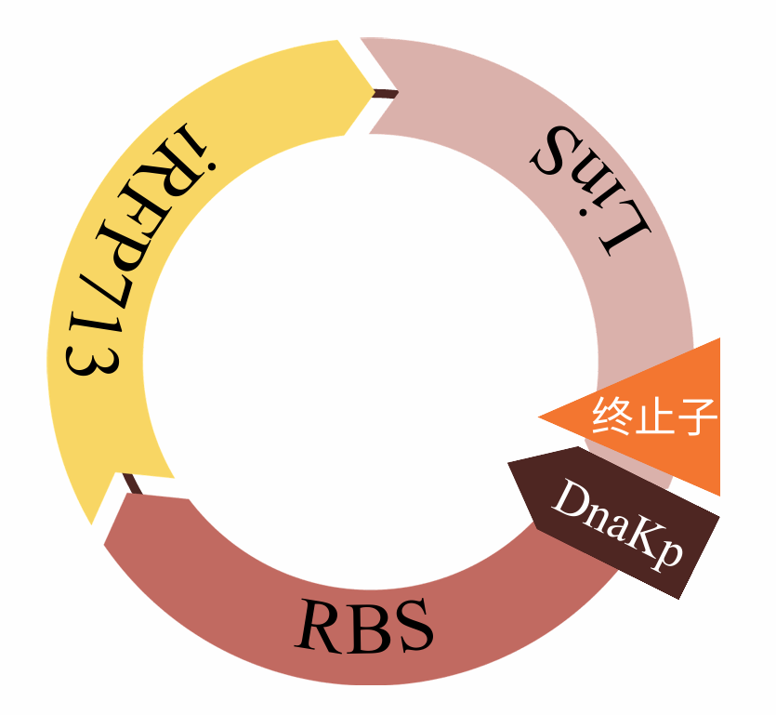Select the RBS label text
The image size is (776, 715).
[x=364, y=625]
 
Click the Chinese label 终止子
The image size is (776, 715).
[x=655, y=417]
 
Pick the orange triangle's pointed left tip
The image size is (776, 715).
[x=541, y=417]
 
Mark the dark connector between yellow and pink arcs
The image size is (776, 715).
[x=385, y=93]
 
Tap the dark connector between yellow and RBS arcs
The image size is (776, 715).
[x=132, y=483]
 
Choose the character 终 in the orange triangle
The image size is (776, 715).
[x=612, y=417]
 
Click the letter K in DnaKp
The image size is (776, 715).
[x=639, y=536]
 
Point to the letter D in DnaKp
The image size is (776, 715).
[x=570, y=502]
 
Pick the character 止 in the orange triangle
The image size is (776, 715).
[x=654, y=417]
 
